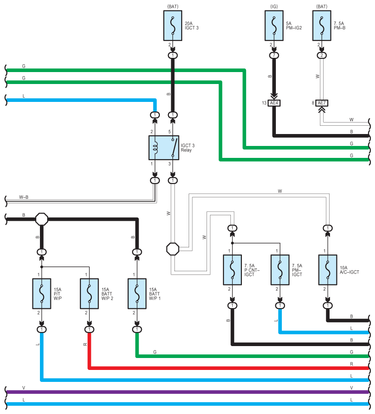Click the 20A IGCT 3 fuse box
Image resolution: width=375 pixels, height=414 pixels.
(x=173, y=26)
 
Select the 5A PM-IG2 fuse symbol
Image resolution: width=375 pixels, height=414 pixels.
(x=274, y=26)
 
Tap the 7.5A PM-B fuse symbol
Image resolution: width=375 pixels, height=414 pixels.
(x=321, y=26)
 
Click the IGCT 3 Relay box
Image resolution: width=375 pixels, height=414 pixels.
(x=164, y=148)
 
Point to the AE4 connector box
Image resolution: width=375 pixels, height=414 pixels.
(x=274, y=103)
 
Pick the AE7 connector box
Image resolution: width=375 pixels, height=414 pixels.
(x=321, y=103)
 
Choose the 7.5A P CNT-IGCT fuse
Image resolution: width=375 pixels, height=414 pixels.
(x=232, y=270)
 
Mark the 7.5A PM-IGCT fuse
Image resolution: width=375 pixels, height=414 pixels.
(x=280, y=270)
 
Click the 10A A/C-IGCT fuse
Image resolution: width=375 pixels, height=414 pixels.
(x=328, y=270)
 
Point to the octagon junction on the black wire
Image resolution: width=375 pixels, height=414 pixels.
(x=42, y=219)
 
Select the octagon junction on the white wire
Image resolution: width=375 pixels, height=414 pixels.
(x=173, y=249)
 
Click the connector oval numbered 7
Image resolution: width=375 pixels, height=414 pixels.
(x=274, y=56)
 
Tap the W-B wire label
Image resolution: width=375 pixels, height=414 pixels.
(x=24, y=197)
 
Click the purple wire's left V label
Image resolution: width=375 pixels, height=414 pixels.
(x=23, y=388)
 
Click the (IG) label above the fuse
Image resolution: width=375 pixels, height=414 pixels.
(x=274, y=6)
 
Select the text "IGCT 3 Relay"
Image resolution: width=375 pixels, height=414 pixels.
(x=188, y=148)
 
